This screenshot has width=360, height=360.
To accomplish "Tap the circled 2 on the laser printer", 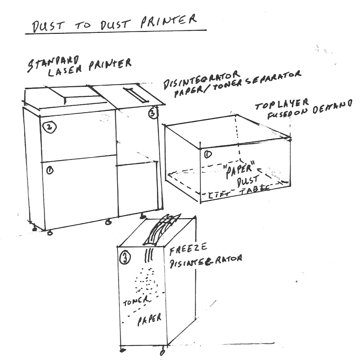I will (49, 128).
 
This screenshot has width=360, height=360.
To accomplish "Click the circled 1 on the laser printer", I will (49, 170).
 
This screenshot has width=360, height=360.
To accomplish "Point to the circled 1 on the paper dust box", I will (207, 155).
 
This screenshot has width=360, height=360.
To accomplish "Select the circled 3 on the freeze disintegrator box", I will (125, 258).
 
